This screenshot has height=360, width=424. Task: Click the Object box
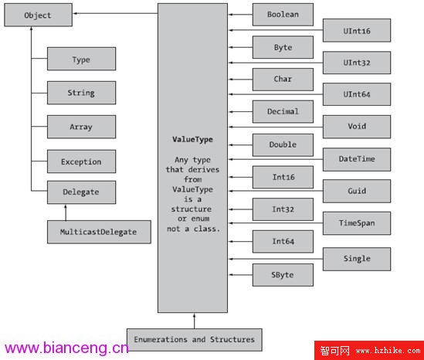pos(38,15)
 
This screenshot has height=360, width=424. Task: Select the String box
pos(81,93)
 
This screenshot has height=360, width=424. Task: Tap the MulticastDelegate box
pos(99,232)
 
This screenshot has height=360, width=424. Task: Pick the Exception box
pos(81,161)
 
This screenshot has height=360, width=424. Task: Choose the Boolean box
pos(283,15)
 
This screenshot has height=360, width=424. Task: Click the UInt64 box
pos(357,94)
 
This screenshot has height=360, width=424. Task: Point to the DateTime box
pos(357,159)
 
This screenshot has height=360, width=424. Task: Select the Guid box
pos(357,191)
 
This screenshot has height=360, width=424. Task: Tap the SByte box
pos(283,275)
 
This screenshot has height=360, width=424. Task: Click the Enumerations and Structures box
pos(194,340)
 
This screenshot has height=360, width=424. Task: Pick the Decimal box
pos(283,111)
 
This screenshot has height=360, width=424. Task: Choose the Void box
pos(357,127)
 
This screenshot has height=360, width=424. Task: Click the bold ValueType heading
pos(192,140)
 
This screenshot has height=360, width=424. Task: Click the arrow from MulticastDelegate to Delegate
pos(66,212)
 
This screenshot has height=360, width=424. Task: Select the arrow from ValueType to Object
pos(116,13)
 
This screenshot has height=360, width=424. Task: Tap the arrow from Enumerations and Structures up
pos(194,321)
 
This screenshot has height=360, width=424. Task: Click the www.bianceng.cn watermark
pos(66,348)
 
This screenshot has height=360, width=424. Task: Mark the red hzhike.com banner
pos(369,350)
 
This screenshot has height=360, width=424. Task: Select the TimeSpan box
pos(357,223)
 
